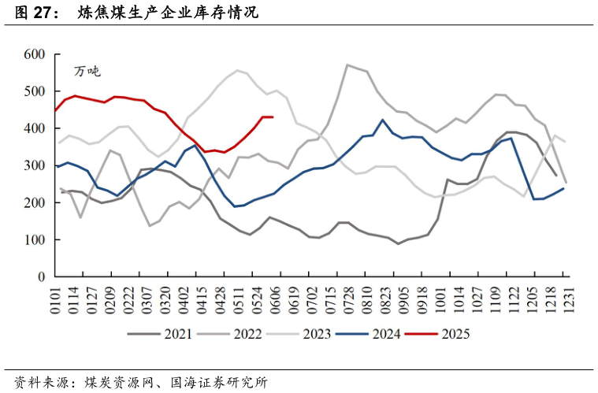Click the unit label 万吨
point(87,71)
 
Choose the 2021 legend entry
point(178,334)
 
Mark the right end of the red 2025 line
point(273,117)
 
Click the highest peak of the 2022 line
point(347,65)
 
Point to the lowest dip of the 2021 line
point(399,243)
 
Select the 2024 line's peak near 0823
point(383,120)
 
